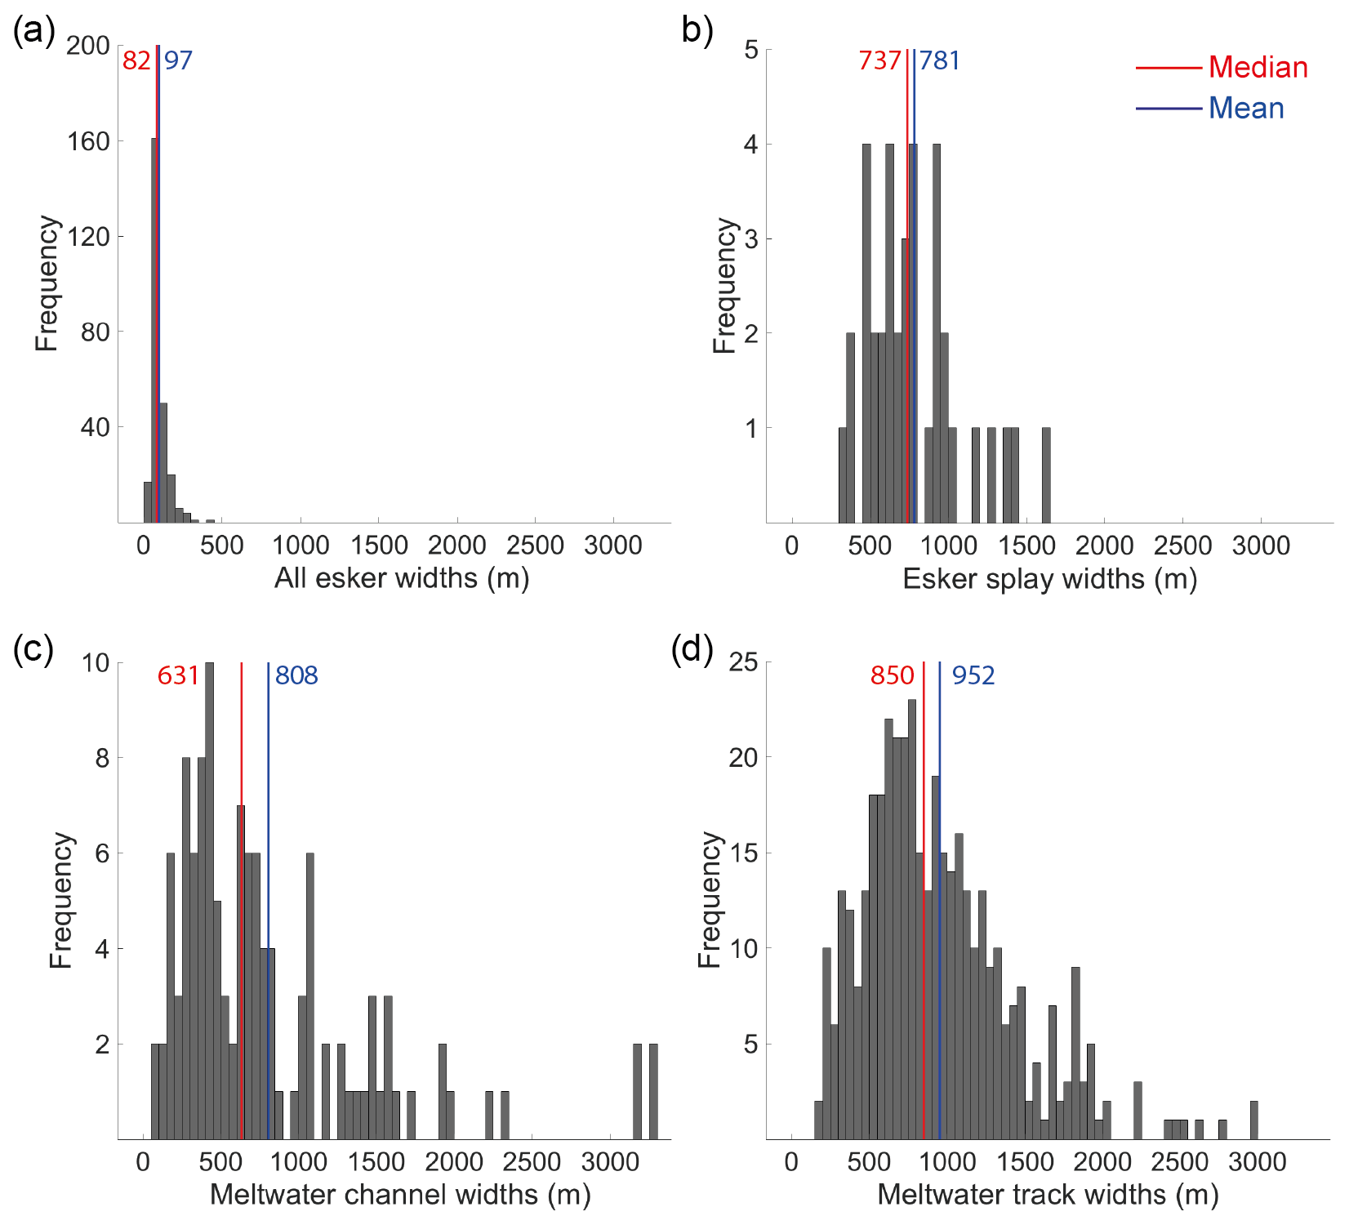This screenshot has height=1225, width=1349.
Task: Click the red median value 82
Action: tap(136, 60)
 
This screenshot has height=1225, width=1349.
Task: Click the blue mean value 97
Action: tap(178, 60)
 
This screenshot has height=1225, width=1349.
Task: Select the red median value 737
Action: tap(879, 60)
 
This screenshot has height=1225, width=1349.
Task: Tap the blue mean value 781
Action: tap(940, 60)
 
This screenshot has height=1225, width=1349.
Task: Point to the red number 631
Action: tap(178, 675)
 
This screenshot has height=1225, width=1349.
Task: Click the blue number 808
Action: tap(296, 675)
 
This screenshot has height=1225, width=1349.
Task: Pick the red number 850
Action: tap(892, 675)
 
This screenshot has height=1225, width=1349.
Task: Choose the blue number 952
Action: tap(973, 675)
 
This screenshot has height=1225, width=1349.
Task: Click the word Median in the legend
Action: tap(1258, 67)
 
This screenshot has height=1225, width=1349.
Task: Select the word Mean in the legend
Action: tap(1246, 108)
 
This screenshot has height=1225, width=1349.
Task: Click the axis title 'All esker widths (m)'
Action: tap(402, 578)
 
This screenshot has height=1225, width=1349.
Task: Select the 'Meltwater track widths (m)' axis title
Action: tap(1048, 1195)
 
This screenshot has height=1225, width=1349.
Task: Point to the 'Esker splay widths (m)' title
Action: tap(1049, 579)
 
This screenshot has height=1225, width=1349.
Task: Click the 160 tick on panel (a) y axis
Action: tap(89, 141)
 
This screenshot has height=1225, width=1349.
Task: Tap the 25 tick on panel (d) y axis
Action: tap(743, 662)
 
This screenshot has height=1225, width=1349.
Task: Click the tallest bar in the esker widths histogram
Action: tap(154, 327)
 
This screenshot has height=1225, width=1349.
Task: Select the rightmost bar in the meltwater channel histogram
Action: tap(653, 1091)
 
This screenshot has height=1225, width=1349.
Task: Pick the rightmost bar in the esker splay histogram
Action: tap(1046, 474)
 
